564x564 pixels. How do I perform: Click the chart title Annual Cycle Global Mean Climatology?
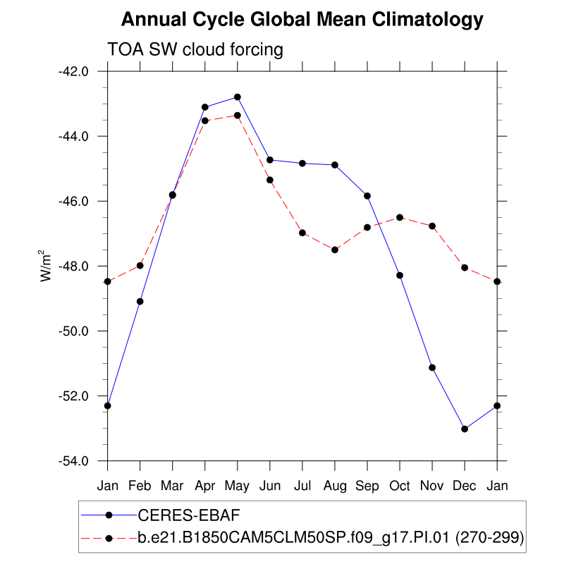[x=302, y=20]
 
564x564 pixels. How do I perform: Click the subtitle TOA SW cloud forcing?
[x=195, y=49]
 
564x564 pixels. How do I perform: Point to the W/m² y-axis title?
[x=45, y=266]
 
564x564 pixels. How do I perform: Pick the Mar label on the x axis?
[x=172, y=486]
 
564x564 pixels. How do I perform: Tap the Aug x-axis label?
[x=335, y=486]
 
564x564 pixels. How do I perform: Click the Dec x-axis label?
[x=465, y=486]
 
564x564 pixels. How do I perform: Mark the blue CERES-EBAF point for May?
[x=238, y=97]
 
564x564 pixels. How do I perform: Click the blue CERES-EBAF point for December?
[x=465, y=429]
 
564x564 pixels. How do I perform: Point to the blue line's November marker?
[x=432, y=367]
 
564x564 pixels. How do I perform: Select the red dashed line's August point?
[x=335, y=250]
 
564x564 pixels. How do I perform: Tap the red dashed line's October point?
[x=400, y=217]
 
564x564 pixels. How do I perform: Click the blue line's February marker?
[x=140, y=301]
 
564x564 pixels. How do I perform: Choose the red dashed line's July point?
[x=302, y=233]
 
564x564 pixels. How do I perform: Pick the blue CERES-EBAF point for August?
[x=335, y=165]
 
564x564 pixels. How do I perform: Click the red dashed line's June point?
[x=270, y=180]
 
